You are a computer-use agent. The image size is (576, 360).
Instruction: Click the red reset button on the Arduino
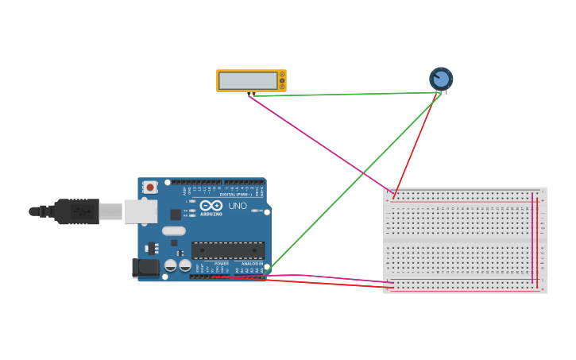pyautogui.click(x=150, y=188)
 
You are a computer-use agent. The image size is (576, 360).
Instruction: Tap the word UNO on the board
pyautogui.click(x=238, y=206)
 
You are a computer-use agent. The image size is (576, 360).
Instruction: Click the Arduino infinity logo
pyautogui.click(x=211, y=206)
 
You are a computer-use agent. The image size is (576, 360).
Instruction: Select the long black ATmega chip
pyautogui.click(x=228, y=250)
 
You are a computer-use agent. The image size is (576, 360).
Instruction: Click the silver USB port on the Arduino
pyautogui.click(x=141, y=211)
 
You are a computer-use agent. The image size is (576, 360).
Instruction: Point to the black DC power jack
pyautogui.click(x=145, y=268)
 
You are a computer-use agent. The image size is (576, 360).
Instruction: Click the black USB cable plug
pyautogui.click(x=76, y=211)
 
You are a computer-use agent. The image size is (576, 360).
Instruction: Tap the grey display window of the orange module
pyautogui.click(x=248, y=81)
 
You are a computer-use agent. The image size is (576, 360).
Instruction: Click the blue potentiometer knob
pyautogui.click(x=441, y=79)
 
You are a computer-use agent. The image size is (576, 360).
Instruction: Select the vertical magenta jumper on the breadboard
pyautogui.click(x=532, y=238)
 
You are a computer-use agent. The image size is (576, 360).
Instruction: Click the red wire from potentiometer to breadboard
pyautogui.click(x=416, y=143)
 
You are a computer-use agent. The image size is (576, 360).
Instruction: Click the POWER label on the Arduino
pyautogui.click(x=222, y=264)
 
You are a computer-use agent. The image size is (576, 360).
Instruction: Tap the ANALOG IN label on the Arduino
pyautogui.click(x=252, y=264)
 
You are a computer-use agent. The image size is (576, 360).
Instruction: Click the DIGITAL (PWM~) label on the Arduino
pyautogui.click(x=236, y=194)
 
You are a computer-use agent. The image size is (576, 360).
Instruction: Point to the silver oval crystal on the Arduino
pyautogui.click(x=173, y=231)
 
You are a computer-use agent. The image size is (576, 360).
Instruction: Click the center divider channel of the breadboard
pyautogui.click(x=465, y=240)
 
